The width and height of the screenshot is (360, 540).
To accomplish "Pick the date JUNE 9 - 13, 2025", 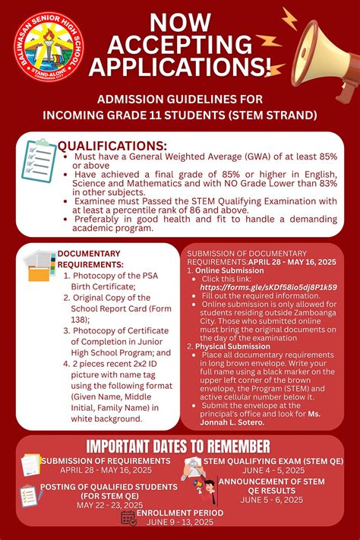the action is tap(179, 523).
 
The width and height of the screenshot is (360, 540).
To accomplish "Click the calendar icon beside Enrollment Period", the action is tap(128, 518).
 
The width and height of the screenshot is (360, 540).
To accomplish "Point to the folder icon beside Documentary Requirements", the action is tap(39, 266).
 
